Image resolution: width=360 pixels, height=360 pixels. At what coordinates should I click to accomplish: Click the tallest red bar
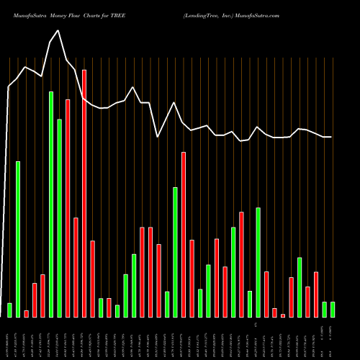[x=84, y=193]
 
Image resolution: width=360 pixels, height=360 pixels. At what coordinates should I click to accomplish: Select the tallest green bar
[x=51, y=204]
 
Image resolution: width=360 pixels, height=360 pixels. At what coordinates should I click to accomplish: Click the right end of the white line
[x=331, y=137]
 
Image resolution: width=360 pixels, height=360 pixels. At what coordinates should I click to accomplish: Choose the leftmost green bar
[x=10, y=310]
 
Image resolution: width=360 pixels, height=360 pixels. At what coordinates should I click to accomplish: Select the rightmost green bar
[x=333, y=309]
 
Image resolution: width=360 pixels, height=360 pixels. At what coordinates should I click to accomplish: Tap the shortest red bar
[x=283, y=315]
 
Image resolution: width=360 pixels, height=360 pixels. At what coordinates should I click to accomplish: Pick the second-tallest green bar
[x=60, y=217]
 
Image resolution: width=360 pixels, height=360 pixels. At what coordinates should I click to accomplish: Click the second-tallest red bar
[x=68, y=208]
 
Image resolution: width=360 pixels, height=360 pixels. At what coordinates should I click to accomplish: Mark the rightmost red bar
[x=316, y=294]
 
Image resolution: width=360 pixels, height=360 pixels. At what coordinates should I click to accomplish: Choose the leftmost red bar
[x=27, y=313]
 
